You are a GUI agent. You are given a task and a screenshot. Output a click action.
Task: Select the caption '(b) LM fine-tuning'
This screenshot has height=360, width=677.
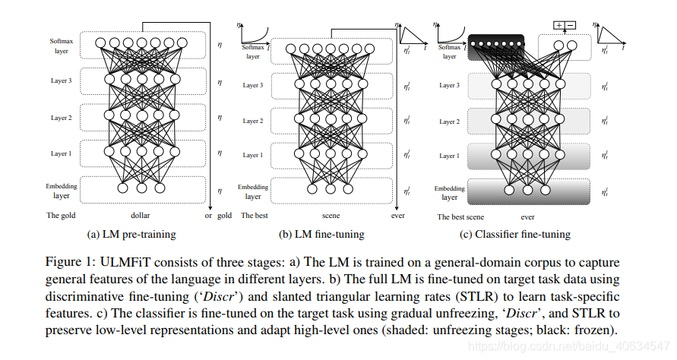coord(321,234)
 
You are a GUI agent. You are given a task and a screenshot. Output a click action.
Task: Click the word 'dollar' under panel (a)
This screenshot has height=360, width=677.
coord(140,215)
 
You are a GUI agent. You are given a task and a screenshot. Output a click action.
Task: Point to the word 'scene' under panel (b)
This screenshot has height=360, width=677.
coord(331,215)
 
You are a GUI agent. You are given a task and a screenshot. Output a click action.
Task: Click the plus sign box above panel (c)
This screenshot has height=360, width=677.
coord(559,25)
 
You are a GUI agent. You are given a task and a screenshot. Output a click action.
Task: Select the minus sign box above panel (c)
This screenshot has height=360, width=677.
coord(571,25)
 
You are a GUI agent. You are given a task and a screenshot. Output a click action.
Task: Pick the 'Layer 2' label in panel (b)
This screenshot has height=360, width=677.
coord(253,121)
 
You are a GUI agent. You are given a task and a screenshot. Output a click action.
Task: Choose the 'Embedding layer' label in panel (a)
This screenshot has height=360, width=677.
coord(61,190)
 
